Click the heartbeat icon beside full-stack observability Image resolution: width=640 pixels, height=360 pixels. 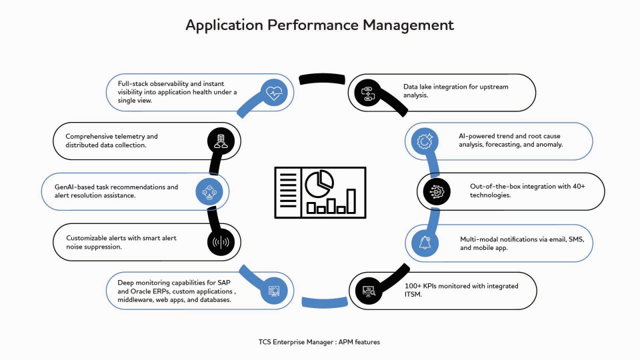[x=274, y=93]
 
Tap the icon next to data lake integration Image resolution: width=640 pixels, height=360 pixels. [x=367, y=93]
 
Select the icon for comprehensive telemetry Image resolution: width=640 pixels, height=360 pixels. [x=219, y=141]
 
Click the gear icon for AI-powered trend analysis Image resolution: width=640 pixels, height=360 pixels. [x=425, y=141]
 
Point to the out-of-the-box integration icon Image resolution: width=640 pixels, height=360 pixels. [x=434, y=192]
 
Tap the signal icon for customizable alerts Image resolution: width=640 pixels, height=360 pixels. [x=220, y=242]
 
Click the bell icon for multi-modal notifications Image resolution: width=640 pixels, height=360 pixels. [x=425, y=243]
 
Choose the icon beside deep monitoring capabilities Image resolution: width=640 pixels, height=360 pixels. [x=273, y=291]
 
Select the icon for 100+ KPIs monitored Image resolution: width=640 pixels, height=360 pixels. [x=367, y=290]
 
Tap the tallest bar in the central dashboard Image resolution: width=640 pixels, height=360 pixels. [x=351, y=201]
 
